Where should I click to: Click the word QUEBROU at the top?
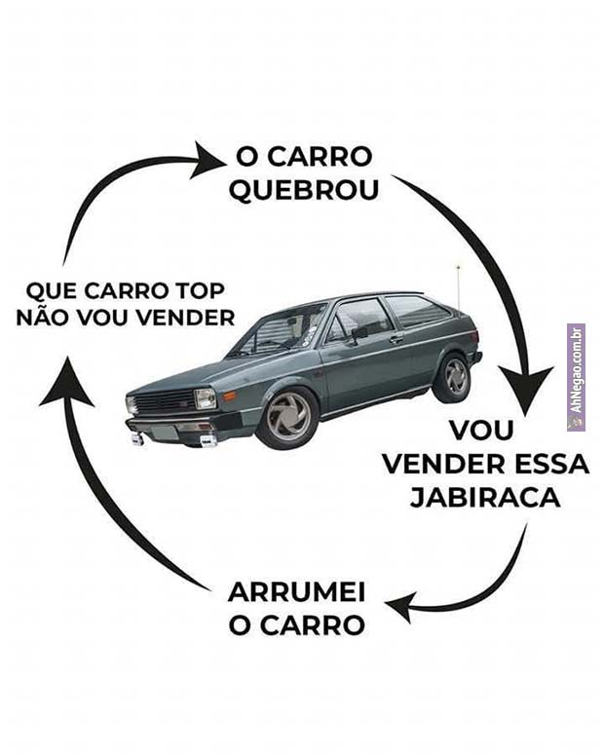point(303,190)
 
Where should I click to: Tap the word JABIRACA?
point(485,497)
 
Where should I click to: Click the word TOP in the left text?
point(201,290)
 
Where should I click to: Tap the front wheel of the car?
point(288,418)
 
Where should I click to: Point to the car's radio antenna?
point(458,283)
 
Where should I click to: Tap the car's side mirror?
point(359,333)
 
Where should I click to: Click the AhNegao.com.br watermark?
point(576,376)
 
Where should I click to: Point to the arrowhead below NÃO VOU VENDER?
point(64,383)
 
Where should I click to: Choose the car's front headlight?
point(206,398)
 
